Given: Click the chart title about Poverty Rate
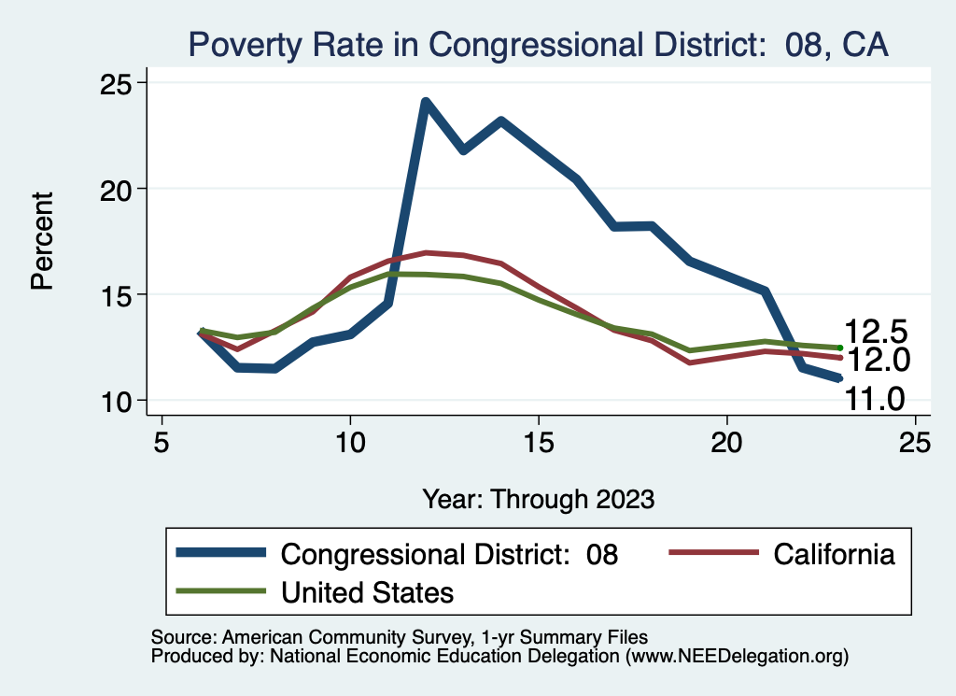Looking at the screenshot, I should point(538,44).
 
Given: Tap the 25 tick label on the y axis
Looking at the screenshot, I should point(119,83).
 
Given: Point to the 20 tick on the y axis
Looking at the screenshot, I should point(119,189).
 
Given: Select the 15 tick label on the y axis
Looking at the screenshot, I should point(119,294).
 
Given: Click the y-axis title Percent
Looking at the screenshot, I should point(42,241).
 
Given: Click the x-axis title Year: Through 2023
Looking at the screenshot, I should point(538,498).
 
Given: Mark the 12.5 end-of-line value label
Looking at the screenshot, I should point(876,332).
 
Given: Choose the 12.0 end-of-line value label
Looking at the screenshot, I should point(876,360).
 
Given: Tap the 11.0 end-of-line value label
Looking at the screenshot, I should point(876,400).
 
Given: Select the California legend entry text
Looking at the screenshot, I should point(834,554).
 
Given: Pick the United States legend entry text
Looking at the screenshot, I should point(368,591).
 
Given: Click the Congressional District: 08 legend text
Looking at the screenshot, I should point(449,554).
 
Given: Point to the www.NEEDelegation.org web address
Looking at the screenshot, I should point(738,657).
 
